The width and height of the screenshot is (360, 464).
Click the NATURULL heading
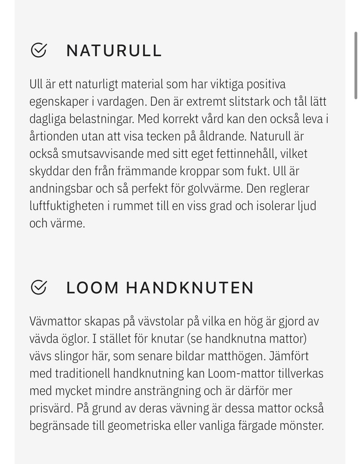tap(114, 51)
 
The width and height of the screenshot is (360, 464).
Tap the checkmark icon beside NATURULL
tap(38, 50)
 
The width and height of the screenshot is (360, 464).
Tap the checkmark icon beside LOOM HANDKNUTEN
tap(38, 287)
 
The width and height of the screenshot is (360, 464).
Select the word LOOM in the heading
tap(93, 288)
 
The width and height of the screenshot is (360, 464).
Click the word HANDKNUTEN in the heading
tap(190, 288)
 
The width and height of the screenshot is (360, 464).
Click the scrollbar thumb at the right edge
tap(355, 66)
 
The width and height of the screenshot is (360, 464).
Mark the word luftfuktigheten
tap(67, 206)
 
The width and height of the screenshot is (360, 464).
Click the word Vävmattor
tap(55, 321)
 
